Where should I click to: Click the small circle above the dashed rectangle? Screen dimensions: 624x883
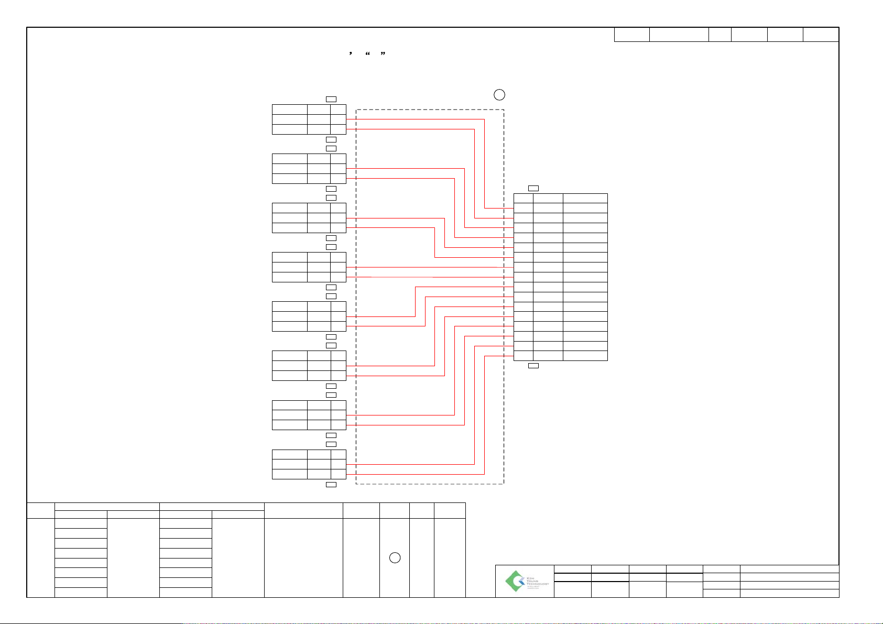499,95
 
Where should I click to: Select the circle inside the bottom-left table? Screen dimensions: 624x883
395,558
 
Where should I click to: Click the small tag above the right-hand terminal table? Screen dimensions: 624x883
533,188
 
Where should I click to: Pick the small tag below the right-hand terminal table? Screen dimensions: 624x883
533,366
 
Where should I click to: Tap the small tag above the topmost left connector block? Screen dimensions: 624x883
331,99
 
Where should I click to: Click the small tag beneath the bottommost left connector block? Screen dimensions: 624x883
331,485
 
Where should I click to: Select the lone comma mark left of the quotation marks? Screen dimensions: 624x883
350,54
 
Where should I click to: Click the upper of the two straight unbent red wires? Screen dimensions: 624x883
430,267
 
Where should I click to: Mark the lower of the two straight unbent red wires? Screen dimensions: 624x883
430,277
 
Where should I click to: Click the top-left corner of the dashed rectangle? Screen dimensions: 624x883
356,110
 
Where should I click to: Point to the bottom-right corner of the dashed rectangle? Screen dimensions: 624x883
504,484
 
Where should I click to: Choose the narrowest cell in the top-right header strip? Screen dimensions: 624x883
720,35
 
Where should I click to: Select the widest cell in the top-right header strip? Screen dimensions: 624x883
679,35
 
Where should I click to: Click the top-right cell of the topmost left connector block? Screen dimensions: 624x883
338,110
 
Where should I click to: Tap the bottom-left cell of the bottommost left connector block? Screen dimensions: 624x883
289,474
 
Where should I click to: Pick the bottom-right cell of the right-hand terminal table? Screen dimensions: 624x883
585,356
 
